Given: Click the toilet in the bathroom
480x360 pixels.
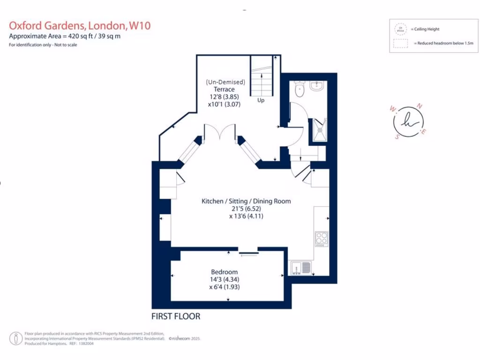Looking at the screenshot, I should (x=299, y=89).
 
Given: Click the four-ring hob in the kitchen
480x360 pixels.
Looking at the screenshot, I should (x=322, y=239).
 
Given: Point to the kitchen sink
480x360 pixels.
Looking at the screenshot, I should (x=300, y=268).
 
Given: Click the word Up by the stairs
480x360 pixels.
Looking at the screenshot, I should (x=261, y=100).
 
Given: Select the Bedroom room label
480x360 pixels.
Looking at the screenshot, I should (x=224, y=272).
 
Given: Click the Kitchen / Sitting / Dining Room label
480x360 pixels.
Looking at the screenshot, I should (x=246, y=201).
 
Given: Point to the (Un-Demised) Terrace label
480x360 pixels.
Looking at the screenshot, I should (x=225, y=86).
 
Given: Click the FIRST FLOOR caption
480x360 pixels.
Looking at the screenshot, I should (x=176, y=316).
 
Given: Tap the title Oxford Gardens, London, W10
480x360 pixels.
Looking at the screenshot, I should (x=80, y=25).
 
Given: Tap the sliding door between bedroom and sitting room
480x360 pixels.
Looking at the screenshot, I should (x=248, y=254).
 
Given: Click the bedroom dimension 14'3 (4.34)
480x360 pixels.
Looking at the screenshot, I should (x=225, y=280).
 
